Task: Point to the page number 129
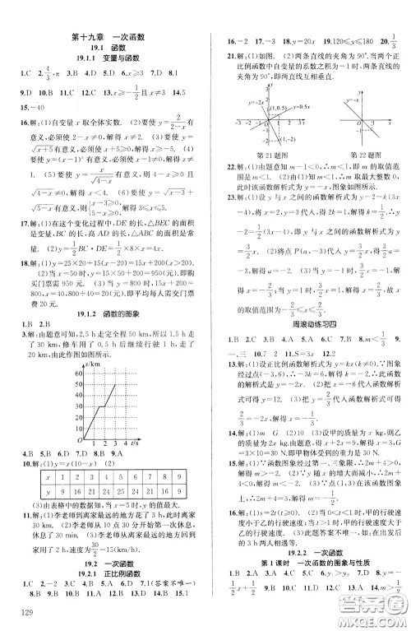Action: pyautogui.click(x=17, y=615)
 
